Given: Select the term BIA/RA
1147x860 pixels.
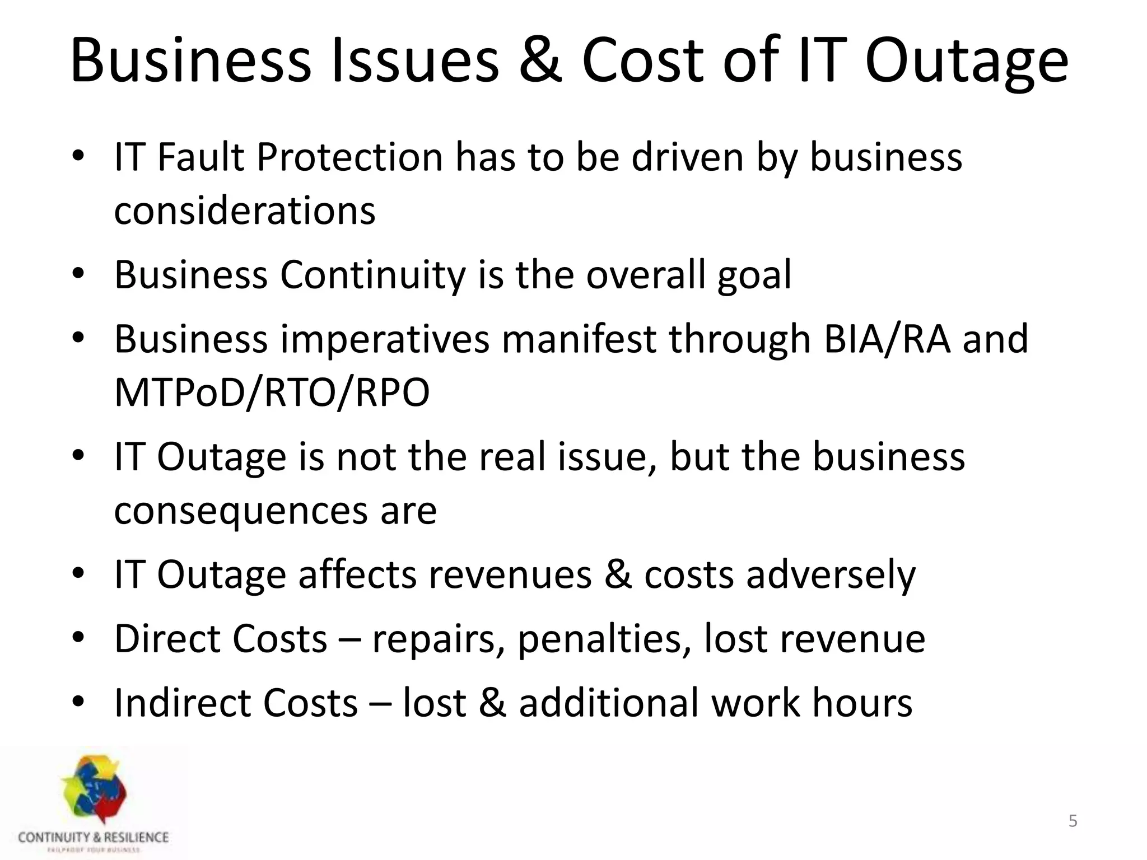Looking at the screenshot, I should [x=887, y=339].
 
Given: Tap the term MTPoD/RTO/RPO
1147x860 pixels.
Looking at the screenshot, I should [x=272, y=392].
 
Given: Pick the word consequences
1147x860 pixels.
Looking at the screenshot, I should [x=240, y=511].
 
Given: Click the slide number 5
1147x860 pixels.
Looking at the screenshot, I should [x=1073, y=821].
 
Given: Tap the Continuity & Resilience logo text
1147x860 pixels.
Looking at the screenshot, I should [x=93, y=838].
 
